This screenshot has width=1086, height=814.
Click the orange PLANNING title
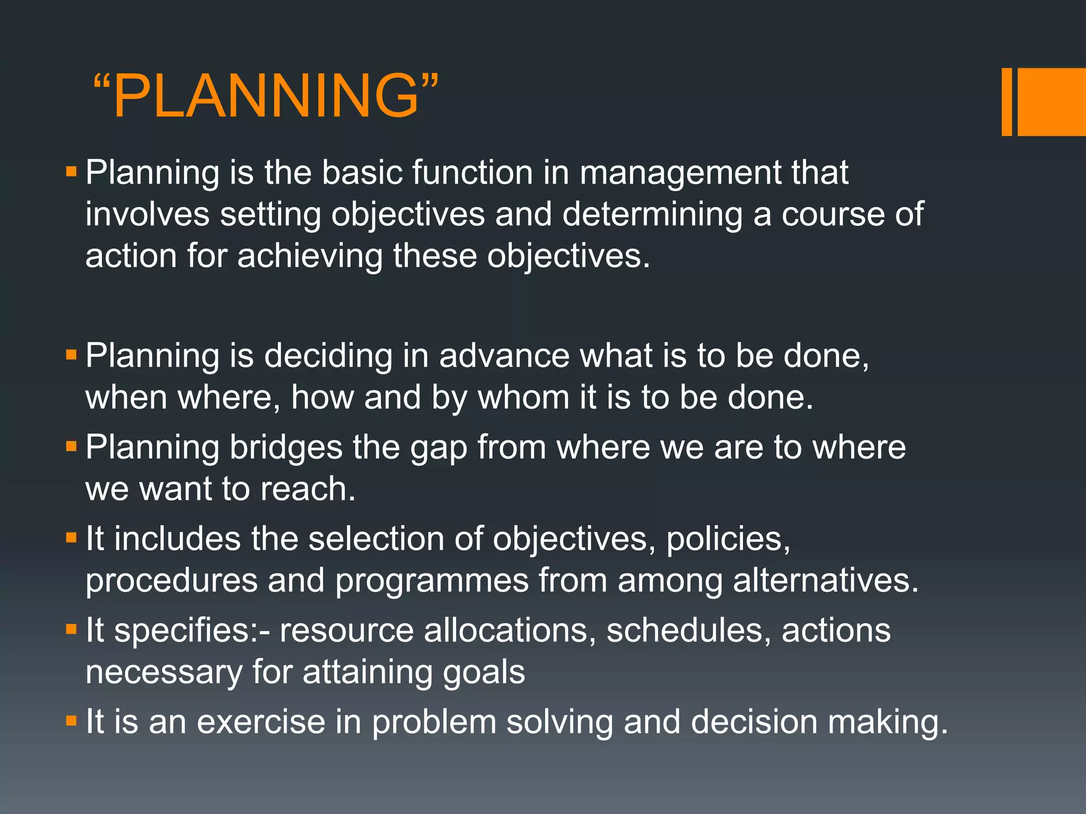266,95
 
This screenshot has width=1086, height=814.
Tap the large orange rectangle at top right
1051,102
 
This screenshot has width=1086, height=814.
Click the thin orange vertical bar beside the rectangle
1006,102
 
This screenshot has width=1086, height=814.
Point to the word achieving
309,256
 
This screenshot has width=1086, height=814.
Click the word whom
523,397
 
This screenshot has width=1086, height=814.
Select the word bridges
286,448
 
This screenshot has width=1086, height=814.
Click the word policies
728,539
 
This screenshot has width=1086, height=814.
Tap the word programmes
432,581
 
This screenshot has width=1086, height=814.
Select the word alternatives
825,580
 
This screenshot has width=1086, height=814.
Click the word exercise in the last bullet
261,722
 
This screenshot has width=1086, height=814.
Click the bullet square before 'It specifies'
72,630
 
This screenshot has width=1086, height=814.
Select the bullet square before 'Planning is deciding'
72,354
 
